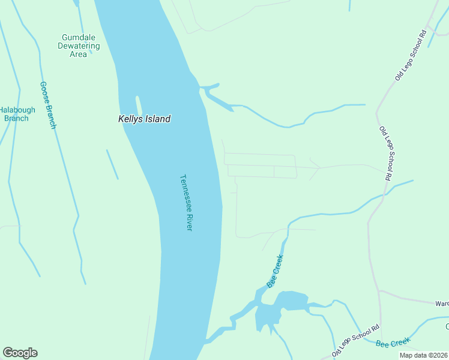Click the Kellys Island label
pyautogui.click(x=144, y=119)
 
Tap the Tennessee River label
pyautogui.click(x=185, y=203)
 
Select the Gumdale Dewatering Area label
pyautogui.click(x=79, y=46)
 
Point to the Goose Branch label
pyautogui.click(x=48, y=105)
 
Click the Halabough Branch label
pyautogui.click(x=17, y=114)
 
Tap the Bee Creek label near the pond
pyautogui.click(x=275, y=271)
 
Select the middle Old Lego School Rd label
pyautogui.click(x=385, y=154)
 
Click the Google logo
pyautogui.click(x=20, y=353)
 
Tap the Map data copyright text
pyautogui.click(x=424, y=355)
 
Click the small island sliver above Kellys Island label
pyautogui.click(x=139, y=106)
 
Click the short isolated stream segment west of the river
pyautogui.click(x=112, y=164)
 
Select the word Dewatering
pyautogui.click(x=79, y=46)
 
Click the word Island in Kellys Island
pyautogui.click(x=157, y=119)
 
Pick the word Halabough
pyautogui.click(x=17, y=110)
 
